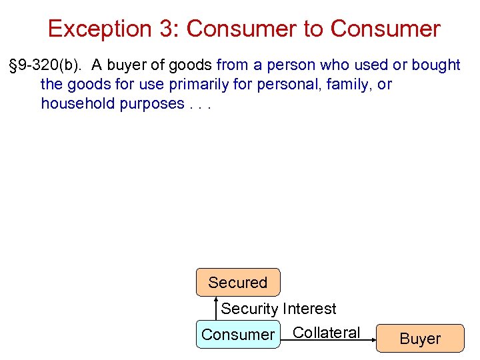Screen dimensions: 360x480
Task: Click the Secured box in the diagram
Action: (x=237, y=283)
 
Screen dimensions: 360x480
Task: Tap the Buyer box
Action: (x=420, y=339)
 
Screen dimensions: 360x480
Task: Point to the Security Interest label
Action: (x=279, y=309)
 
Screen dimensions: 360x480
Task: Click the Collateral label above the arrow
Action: (x=326, y=332)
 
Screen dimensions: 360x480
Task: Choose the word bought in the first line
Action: (x=436, y=65)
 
